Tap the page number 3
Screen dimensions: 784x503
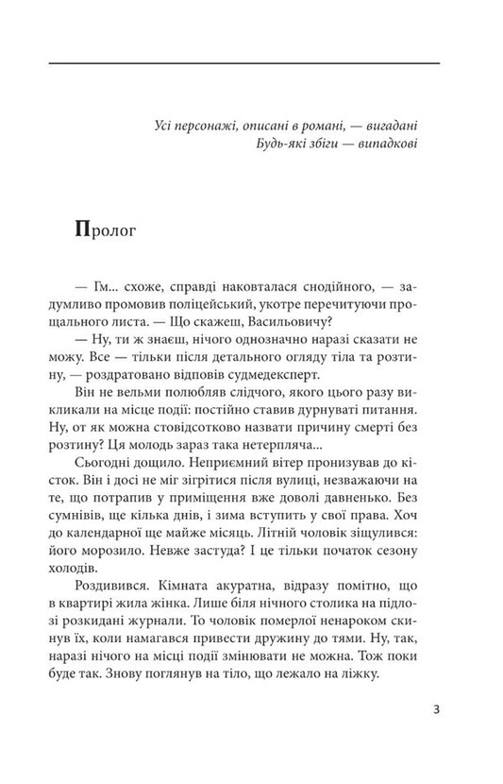tap(435, 711)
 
